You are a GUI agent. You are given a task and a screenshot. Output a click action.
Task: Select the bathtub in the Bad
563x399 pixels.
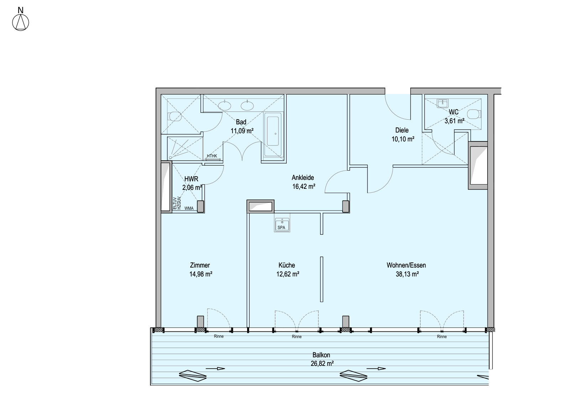pos(273,136)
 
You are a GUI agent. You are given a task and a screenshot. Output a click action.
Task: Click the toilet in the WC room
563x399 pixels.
pos(474,114)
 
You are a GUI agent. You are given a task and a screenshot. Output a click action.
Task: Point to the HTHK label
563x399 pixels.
pos(212,156)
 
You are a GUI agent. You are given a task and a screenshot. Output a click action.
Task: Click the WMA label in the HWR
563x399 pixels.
pos(189,208)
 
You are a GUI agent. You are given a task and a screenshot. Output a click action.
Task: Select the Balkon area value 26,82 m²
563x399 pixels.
pos(322,363)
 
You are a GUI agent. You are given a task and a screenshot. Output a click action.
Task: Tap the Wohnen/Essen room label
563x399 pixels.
pos(406,265)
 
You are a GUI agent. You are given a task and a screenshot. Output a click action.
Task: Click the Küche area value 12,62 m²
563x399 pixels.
pos(288,274)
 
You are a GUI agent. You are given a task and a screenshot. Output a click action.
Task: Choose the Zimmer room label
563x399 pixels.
pos(200,265)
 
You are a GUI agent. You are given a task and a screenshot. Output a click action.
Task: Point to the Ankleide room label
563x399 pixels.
pos(303,178)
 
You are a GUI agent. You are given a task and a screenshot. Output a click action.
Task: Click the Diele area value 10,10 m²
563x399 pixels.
pos(403,139)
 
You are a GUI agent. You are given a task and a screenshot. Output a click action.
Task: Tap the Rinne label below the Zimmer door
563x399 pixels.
pos(219,336)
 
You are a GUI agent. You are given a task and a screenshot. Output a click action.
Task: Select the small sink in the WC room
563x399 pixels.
pos(443,103)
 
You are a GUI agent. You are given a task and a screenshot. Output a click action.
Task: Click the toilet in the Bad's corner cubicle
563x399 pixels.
pos(174,116)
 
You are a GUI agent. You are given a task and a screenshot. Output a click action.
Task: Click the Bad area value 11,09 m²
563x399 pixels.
pos(242,131)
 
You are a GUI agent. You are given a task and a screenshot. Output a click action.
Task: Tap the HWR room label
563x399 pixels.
pos(191,179)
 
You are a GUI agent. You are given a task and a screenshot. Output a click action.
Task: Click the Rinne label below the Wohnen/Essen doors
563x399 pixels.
pos(442,337)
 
